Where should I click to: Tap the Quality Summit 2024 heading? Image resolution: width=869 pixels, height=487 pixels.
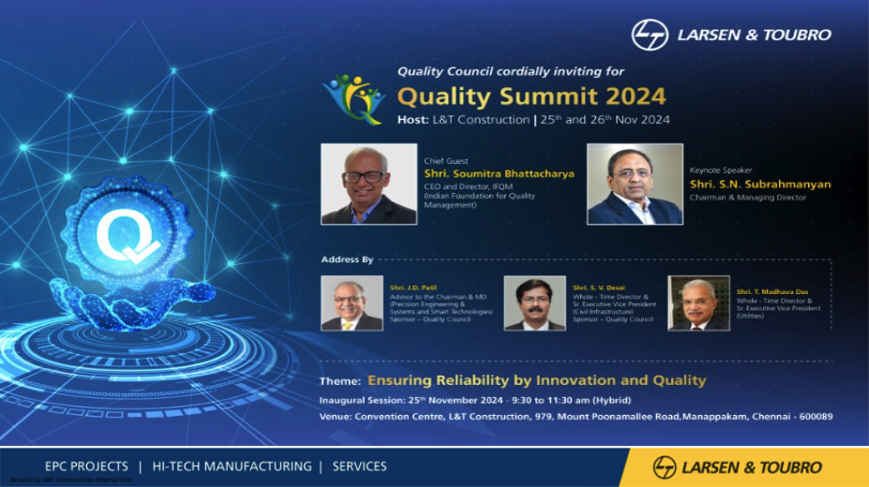coord(532,96)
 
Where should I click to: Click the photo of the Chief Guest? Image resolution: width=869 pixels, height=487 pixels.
coord(355,184)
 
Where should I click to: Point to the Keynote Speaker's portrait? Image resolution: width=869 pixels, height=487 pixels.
coord(635,184)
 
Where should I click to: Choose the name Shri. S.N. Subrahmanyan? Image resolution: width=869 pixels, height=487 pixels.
coord(760,184)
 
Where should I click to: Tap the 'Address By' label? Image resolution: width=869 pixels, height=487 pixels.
coord(347,259)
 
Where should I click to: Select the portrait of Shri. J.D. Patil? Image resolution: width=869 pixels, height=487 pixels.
coord(352,303)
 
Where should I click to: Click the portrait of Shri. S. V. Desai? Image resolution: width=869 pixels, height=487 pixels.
coord(534,303)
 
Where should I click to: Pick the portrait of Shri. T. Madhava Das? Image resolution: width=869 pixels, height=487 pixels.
coord(698,303)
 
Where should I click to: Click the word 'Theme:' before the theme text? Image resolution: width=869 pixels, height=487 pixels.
coord(339,381)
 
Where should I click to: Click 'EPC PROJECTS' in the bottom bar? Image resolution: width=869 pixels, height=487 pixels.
coord(86,466)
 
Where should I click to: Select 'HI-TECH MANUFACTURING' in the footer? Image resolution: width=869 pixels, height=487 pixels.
coord(232,466)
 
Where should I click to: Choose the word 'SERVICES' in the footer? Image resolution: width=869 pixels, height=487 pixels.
coord(359,466)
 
